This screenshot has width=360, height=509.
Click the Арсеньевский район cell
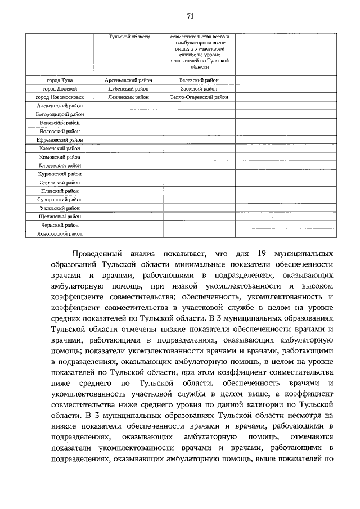pos(129,80)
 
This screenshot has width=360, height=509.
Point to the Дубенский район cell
pos(129,89)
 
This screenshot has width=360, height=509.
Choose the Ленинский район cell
pos(129,97)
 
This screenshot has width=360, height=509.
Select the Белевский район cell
pos(199,80)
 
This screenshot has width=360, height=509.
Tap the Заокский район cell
pos(199,89)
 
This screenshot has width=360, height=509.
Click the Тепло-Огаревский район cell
pos(199,97)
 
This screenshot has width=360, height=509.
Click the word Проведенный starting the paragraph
pos(102,254)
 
